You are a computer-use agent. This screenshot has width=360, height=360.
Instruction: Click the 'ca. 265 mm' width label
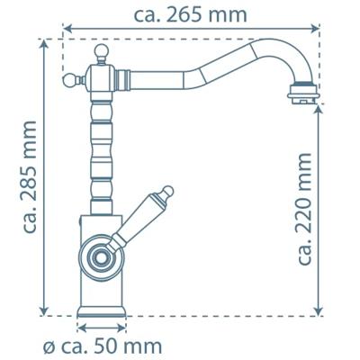[x=190, y=14]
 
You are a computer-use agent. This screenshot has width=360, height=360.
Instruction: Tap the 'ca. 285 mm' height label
[x=29, y=177]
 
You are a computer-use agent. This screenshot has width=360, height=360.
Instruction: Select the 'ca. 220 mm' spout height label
[x=304, y=209]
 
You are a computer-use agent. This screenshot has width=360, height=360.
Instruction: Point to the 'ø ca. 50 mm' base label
[x=103, y=347]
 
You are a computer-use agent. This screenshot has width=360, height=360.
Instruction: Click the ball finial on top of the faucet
[x=102, y=51]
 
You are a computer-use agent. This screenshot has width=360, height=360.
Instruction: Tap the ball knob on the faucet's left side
[x=69, y=80]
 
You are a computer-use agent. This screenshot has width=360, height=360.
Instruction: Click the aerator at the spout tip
[x=302, y=94]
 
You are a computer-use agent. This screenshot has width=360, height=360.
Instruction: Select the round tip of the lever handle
[x=167, y=192]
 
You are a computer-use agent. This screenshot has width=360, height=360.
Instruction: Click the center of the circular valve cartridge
[x=100, y=257]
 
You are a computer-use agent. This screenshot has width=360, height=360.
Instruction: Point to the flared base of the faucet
[x=102, y=310]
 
